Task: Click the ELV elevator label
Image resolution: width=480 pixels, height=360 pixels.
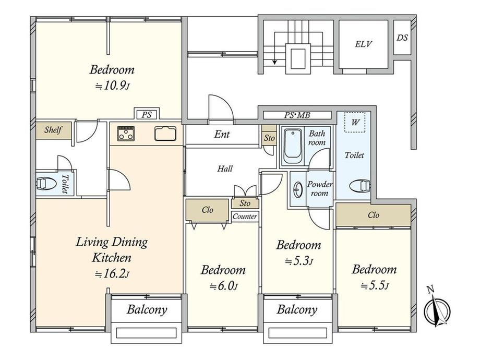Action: (363, 44)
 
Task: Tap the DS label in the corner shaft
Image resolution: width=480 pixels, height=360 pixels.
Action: (402, 38)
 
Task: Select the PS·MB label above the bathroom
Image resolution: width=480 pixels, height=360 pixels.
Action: (297, 115)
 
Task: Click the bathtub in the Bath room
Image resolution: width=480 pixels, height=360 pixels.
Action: (293, 146)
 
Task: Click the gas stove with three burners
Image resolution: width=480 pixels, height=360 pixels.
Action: (126, 134)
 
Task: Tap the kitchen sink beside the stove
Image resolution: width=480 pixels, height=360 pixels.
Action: (165, 134)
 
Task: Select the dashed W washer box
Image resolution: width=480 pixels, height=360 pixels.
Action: (355, 122)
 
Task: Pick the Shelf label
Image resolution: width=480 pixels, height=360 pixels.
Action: (53, 130)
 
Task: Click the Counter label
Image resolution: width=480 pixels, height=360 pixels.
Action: (245, 217)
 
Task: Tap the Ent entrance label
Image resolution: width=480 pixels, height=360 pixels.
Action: (222, 134)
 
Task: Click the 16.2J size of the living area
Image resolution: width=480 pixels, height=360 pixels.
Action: (112, 274)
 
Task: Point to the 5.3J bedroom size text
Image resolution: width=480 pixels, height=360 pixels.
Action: (298, 261)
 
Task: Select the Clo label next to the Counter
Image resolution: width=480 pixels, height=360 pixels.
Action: (207, 210)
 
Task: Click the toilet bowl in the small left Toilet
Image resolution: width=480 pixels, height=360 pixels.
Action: (46, 184)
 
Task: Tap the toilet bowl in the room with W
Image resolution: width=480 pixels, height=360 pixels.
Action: (359, 186)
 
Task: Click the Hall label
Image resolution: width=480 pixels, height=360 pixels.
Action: (225, 169)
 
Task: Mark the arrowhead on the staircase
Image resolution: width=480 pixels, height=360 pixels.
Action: (274, 62)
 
